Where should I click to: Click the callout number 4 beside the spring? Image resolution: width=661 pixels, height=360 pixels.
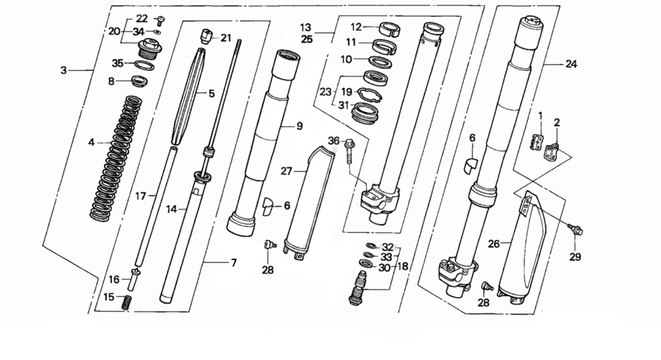tap(91, 142)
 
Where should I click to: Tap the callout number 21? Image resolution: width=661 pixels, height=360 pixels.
tap(225, 38)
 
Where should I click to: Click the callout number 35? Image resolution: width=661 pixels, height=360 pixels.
tap(117, 63)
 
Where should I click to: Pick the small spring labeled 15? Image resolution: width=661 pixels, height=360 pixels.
tap(127, 301)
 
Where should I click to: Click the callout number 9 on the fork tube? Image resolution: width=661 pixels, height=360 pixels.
tap(300, 126)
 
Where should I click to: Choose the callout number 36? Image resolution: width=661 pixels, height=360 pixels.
tap(333, 141)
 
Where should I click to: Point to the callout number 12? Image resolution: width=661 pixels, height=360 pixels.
tap(356, 27)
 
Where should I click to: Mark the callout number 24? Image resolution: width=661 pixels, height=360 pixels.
tap(571, 64)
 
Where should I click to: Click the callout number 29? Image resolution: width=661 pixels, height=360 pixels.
tap(575, 257)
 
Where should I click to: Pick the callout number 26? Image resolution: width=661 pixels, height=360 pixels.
tap(493, 245)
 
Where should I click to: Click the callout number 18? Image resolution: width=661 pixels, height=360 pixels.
tap(403, 266)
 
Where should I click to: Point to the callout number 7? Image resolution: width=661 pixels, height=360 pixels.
tap(233, 263)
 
